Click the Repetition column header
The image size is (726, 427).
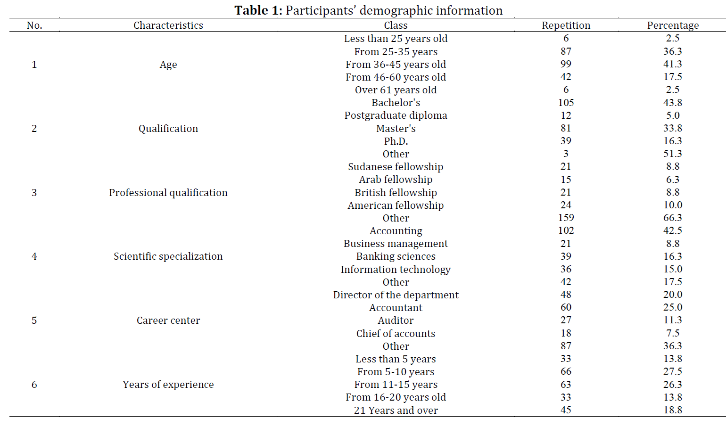tap(566, 25)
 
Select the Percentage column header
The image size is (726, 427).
tap(673, 25)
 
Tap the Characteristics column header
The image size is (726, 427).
tap(168, 25)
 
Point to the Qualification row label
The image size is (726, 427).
tap(168, 129)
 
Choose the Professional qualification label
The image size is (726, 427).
tap(168, 193)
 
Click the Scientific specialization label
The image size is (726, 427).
tap(168, 256)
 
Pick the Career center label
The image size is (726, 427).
tap(168, 320)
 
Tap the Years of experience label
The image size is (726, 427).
tap(168, 385)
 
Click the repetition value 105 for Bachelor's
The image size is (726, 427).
tap(566, 103)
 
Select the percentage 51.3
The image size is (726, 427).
tap(673, 154)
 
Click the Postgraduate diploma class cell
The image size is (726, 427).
tap(396, 115)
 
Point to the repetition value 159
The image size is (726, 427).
tap(566, 218)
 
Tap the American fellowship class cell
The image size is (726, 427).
tap(396, 205)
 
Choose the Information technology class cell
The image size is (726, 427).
tap(396, 270)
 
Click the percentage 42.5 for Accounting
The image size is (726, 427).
tap(673, 230)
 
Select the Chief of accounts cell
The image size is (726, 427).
tap(396, 333)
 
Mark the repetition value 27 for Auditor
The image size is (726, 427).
tap(566, 320)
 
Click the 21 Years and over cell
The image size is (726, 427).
tap(396, 411)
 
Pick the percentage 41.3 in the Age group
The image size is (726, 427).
tap(673, 64)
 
